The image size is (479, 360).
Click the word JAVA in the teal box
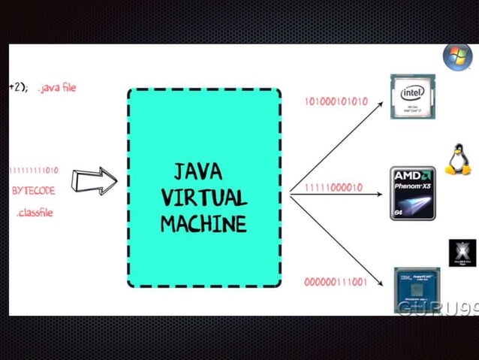(x=198, y=171)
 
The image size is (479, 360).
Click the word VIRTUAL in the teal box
(x=204, y=198)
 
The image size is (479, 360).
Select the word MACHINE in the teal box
(x=203, y=223)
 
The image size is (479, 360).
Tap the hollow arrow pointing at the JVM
(x=95, y=180)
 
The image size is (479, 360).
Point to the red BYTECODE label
(x=34, y=191)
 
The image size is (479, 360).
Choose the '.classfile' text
(x=35, y=213)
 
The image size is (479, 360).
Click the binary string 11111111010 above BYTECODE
(x=34, y=171)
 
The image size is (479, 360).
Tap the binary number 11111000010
(x=333, y=187)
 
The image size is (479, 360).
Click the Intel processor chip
(x=412, y=97)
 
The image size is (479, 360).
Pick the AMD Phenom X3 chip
(x=414, y=193)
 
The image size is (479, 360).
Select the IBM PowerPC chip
(x=416, y=289)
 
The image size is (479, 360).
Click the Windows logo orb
(x=456, y=57)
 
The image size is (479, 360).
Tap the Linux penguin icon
(x=457, y=160)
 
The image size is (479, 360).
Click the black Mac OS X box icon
(x=462, y=253)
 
